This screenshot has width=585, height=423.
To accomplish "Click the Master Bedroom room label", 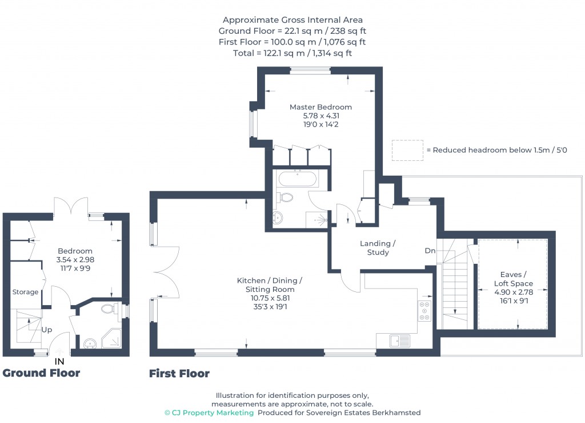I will pyautogui.click(x=320, y=107).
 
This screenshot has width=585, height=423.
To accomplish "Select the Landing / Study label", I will pyautogui.click(x=378, y=248).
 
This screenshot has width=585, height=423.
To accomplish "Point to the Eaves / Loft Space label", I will pyautogui.click(x=513, y=279).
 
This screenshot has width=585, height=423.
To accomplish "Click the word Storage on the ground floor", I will pyautogui.click(x=26, y=292).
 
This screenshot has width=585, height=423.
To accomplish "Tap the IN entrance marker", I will pyautogui.click(x=59, y=362).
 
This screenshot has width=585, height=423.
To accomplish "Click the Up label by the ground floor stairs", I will pyautogui.click(x=47, y=330).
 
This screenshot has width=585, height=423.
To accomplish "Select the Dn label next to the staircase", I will pyautogui.click(x=430, y=251).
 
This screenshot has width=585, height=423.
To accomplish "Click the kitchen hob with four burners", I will pyautogui.click(x=425, y=311).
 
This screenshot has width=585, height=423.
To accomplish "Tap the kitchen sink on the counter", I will pyautogui.click(x=399, y=341).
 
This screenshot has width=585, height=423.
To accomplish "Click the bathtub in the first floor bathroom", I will pyautogui.click(x=296, y=179).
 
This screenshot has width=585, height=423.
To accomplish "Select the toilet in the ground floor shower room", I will pyautogui.click(x=109, y=309).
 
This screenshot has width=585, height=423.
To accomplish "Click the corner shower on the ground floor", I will pyautogui.click(x=111, y=338).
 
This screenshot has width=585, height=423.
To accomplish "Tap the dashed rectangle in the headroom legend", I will pyautogui.click(x=407, y=150).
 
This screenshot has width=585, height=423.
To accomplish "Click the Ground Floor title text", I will pyautogui.click(x=41, y=373).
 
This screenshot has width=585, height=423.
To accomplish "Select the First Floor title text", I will pyautogui.click(x=179, y=374).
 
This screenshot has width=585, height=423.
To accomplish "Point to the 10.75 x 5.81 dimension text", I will pyautogui.click(x=269, y=298).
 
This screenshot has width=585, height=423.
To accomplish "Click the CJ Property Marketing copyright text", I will pyautogui.click(x=209, y=413).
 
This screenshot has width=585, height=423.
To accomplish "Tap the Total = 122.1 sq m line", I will pyautogui.click(x=292, y=53).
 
